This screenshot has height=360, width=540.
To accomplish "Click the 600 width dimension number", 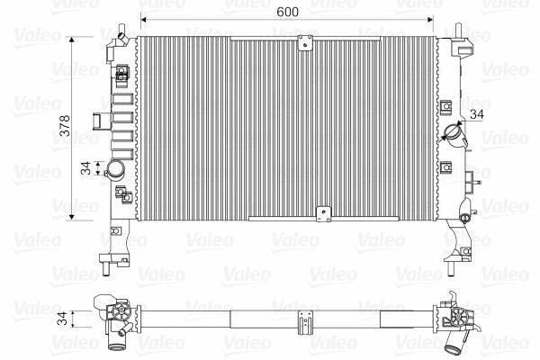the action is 288,12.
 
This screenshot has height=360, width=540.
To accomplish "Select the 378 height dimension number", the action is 65,126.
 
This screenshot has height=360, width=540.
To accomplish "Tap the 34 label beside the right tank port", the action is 477,114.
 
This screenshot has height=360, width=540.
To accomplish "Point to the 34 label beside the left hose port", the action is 85,168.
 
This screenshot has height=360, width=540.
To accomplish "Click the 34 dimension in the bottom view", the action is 62,319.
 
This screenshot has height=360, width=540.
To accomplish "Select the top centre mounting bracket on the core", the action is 305,43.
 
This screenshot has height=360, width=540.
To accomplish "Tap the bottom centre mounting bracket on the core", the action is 324,214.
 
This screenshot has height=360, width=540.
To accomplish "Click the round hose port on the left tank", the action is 115,169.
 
